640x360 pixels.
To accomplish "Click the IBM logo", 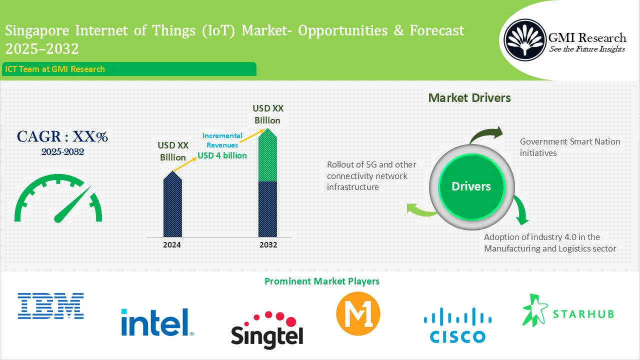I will point(50,306).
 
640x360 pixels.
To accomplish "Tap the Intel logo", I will point(157,321).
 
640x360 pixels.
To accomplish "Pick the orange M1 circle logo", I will point(358,313).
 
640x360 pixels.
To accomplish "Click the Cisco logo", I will point(454,325).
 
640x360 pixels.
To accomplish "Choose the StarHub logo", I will point(568,311).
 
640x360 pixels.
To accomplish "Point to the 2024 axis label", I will point(172,245).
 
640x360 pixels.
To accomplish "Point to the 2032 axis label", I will point(267,245).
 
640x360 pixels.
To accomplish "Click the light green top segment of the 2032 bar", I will point(267,157).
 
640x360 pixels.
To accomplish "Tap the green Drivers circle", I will point(471,186).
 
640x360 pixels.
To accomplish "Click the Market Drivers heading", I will point(469,98).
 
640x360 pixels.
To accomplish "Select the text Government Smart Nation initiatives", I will point(569,147).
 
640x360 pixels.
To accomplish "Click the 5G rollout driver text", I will point(371,175).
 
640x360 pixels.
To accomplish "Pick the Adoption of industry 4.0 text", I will point(549,242).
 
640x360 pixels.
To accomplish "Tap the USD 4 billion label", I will point(222,155).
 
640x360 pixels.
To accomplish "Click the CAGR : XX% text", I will point(62,136).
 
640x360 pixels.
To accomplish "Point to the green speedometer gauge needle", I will point(72,204).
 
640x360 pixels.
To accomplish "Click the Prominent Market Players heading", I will point(321,281).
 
